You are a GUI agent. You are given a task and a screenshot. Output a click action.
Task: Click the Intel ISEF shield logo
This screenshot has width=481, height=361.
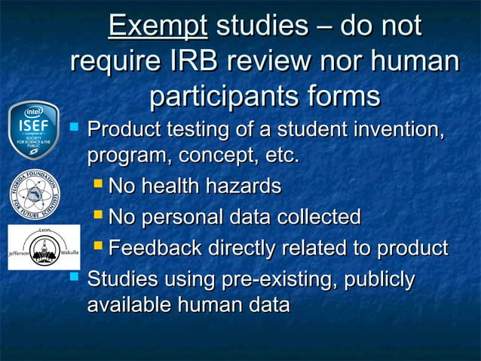[x=34, y=129]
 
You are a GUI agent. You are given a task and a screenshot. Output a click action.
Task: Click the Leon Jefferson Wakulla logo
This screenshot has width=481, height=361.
[x=34, y=247]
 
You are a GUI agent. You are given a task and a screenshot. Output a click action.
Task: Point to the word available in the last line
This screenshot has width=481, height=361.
[x=128, y=306]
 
